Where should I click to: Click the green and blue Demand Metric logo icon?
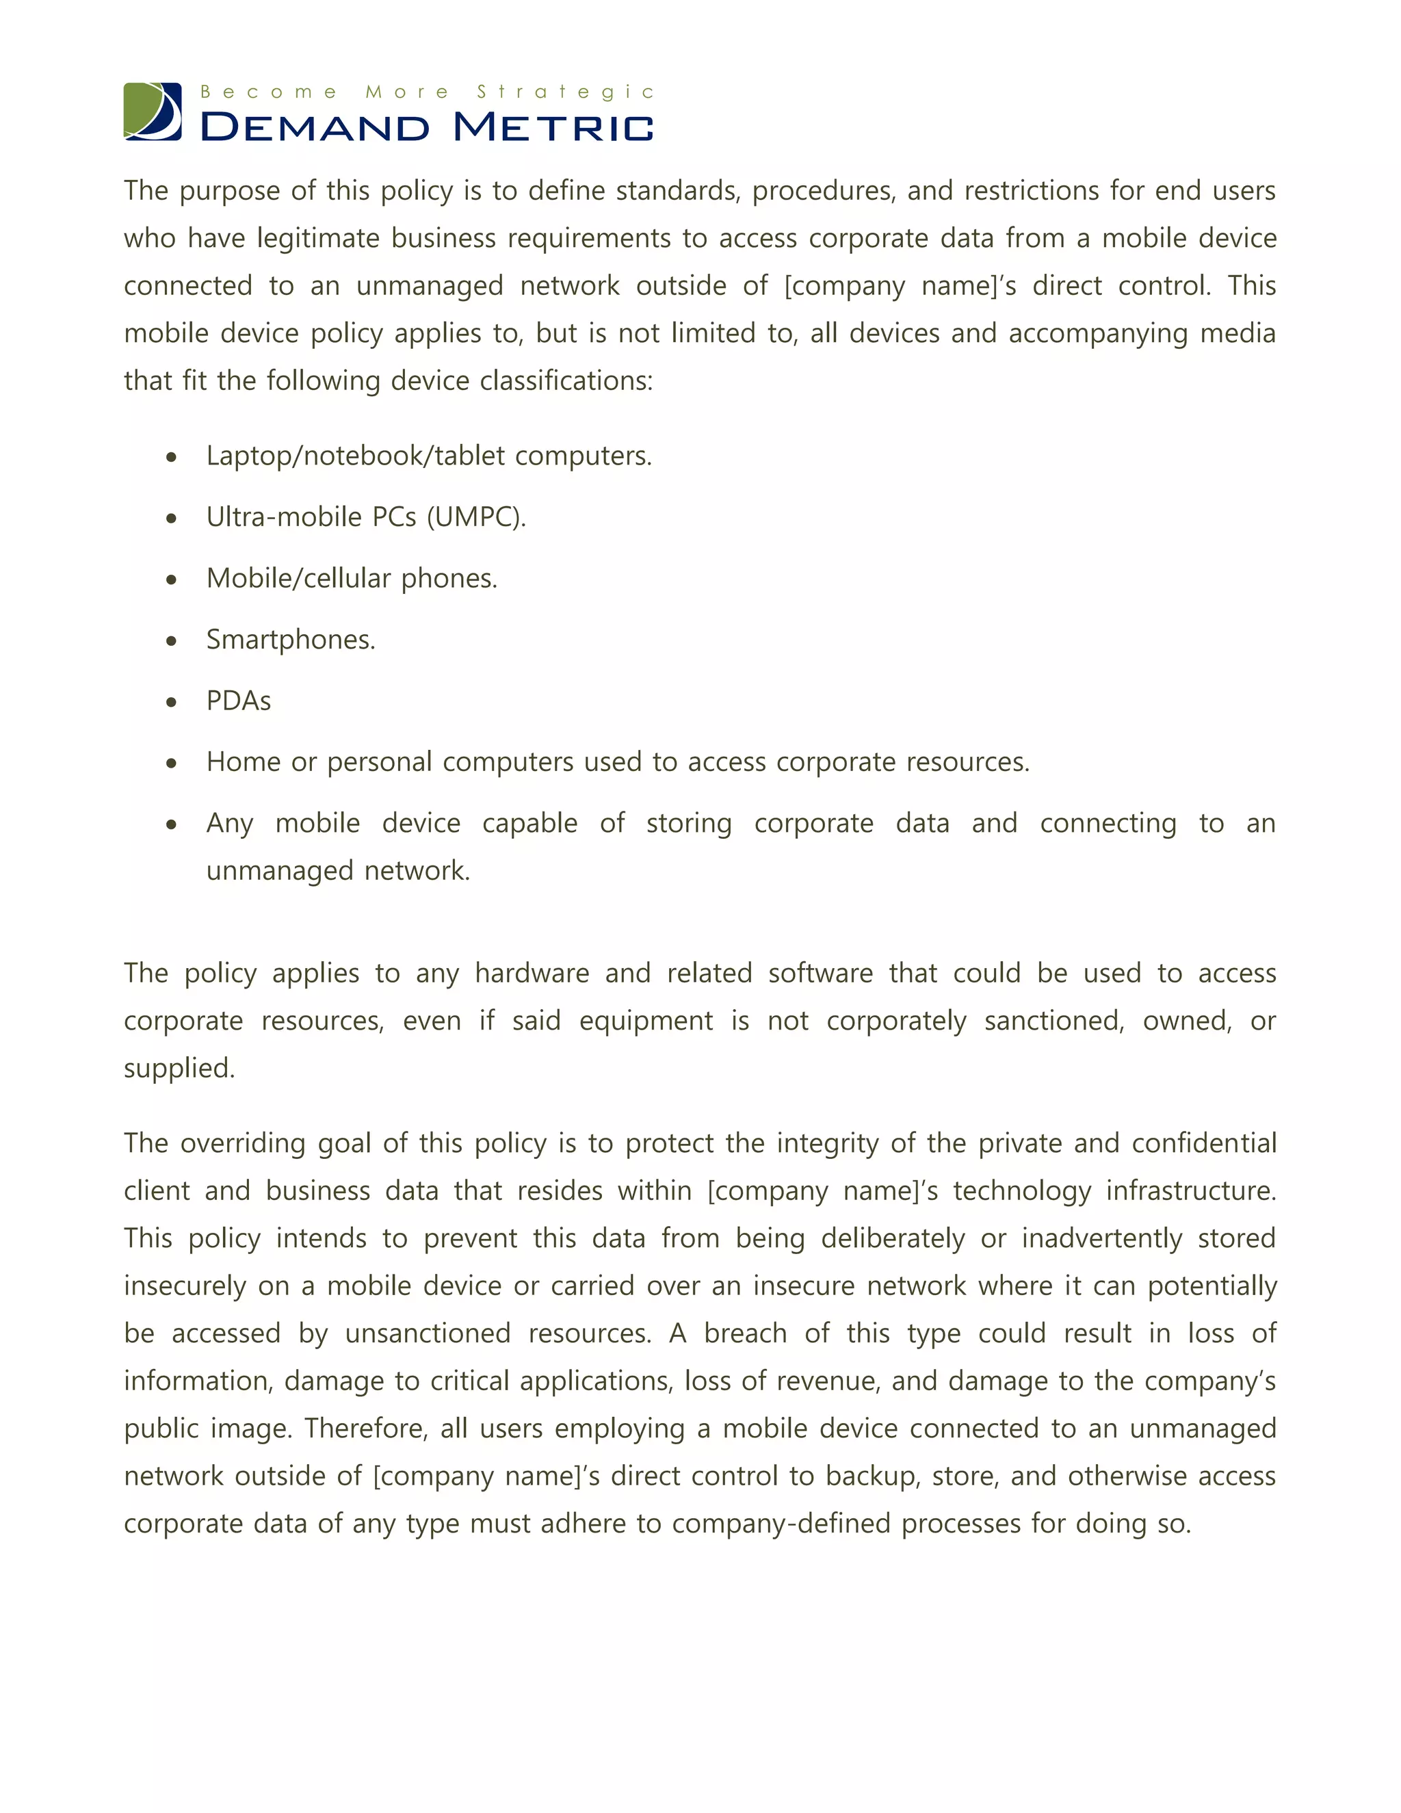point(153,112)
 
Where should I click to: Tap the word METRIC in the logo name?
point(553,128)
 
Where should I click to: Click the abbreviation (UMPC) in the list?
point(476,517)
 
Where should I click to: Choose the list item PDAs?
point(238,701)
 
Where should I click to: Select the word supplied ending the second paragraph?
point(179,1069)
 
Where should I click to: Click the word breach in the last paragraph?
point(744,1334)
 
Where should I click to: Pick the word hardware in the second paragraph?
point(531,974)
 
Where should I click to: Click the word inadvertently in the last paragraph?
point(1101,1238)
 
